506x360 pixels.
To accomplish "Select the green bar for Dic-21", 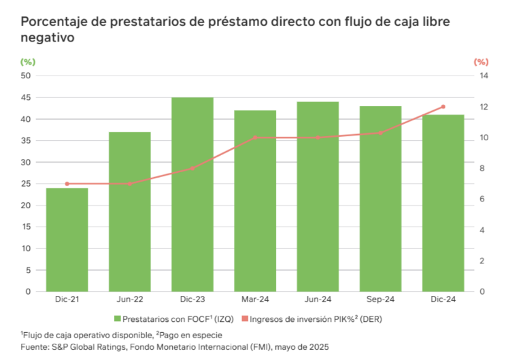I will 67,240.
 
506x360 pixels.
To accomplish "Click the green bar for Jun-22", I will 129,212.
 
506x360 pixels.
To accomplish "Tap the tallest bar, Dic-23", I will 192,195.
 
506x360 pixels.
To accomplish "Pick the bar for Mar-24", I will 255,201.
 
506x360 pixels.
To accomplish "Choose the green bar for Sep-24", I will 380,199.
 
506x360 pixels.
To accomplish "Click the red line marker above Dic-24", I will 443,107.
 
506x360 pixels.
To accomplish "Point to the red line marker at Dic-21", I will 67,184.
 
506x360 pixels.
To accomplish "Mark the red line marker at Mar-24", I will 255,137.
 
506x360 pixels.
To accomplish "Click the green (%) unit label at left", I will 28,62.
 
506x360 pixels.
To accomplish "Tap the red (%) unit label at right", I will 481,62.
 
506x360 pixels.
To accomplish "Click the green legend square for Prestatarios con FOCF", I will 118,318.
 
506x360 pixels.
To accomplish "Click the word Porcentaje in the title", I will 51,22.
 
